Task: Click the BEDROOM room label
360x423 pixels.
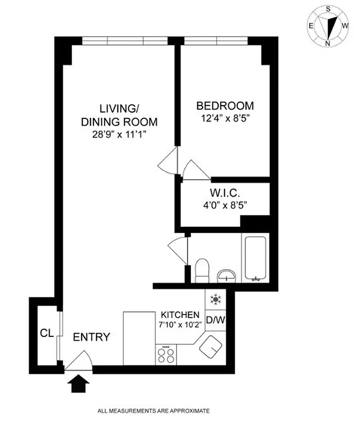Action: point(225,105)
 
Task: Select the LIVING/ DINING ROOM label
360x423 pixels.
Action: point(119,115)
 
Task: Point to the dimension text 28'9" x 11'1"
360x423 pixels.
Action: point(119,134)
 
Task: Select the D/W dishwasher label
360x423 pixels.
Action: point(215,319)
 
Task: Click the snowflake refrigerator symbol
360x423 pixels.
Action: point(215,299)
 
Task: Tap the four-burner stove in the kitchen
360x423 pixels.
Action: point(165,355)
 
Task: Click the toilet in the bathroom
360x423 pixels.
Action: point(202,271)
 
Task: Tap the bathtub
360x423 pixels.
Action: point(255,259)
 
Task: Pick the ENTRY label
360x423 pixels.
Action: point(91,337)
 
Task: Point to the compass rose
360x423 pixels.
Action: point(328,26)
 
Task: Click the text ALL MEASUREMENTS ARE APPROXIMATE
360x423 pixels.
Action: point(153,410)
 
